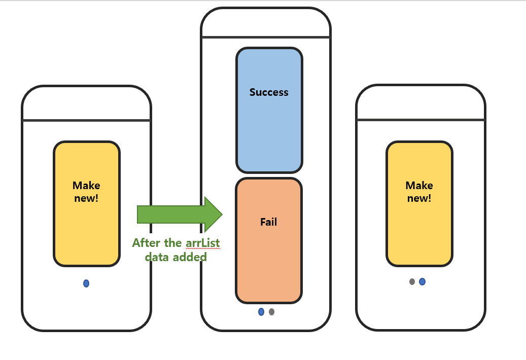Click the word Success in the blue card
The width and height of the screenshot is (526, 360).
click(x=269, y=92)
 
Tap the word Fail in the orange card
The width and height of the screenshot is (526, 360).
click(x=268, y=222)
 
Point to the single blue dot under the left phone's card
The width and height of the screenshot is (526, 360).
click(x=86, y=283)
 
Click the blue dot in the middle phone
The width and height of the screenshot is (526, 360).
click(x=261, y=312)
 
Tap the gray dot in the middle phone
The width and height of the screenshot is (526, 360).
click(x=272, y=312)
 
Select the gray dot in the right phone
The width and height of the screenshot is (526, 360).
click(x=412, y=281)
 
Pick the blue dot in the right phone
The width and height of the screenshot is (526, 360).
click(x=422, y=281)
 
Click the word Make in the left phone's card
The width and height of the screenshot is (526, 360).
click(x=86, y=186)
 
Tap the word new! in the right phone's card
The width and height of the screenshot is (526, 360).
click(x=419, y=198)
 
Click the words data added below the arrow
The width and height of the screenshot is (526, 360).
click(x=176, y=257)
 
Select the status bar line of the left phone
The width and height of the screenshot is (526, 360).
click(x=86, y=120)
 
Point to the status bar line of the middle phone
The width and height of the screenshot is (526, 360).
click(x=266, y=37)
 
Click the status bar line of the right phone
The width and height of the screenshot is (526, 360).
click(x=420, y=120)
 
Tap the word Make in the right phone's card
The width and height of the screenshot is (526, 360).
click(x=419, y=186)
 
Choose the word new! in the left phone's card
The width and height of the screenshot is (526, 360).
click(x=86, y=198)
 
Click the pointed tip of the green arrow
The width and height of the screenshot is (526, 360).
click(x=221, y=214)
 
